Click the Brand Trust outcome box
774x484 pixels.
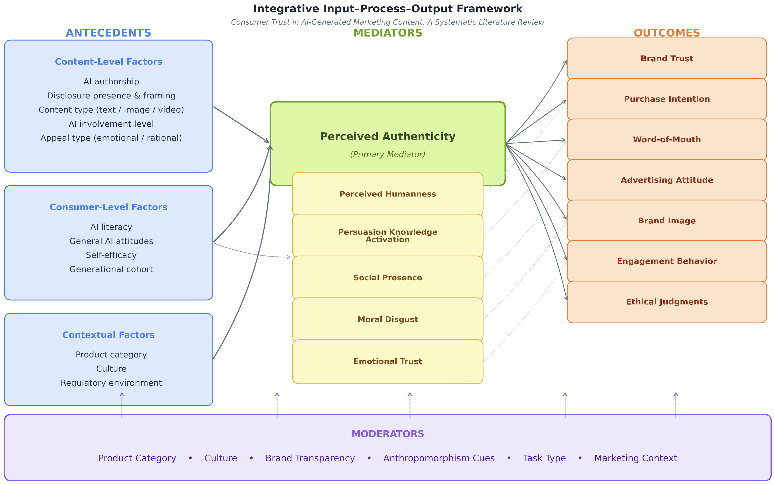[x=667, y=59]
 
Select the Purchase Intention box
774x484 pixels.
[x=667, y=99]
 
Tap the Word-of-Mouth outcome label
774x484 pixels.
[x=667, y=140]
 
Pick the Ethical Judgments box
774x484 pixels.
[x=667, y=302]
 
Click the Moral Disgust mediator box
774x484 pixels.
[x=388, y=320]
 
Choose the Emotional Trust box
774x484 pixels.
[x=388, y=361]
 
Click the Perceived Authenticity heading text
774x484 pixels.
[x=388, y=137]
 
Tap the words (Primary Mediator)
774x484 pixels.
[x=388, y=154]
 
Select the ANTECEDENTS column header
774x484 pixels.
[x=108, y=33]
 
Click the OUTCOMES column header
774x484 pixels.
[x=667, y=33]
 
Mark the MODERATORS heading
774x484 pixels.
[x=388, y=434]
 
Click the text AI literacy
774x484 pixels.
[x=111, y=227]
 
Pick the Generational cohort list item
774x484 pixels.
[x=111, y=269]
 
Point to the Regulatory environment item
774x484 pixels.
[x=111, y=383]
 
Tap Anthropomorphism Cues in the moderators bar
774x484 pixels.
[x=439, y=458]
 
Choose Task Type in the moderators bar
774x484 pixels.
[x=544, y=458]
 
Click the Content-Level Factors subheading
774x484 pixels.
[x=109, y=62]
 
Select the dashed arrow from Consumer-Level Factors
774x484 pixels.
[x=253, y=254]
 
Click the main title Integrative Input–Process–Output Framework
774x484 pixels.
[x=388, y=9]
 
